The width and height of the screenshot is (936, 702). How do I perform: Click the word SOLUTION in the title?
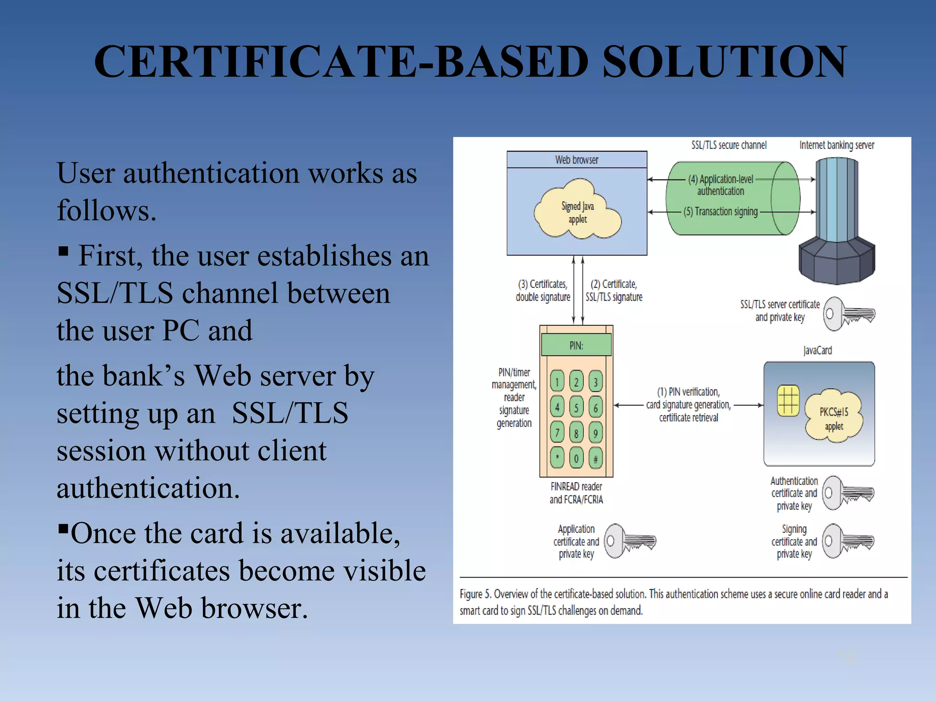(x=724, y=61)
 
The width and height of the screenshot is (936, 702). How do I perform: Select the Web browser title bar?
(x=577, y=160)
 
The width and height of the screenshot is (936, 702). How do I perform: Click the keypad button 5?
(x=576, y=407)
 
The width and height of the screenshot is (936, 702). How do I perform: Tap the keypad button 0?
(x=576, y=458)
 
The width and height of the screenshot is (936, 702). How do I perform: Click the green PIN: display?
(x=576, y=345)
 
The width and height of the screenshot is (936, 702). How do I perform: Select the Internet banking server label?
(x=836, y=145)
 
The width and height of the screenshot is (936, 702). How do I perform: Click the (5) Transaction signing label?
(x=721, y=212)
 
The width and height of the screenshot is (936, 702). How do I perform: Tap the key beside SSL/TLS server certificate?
(x=849, y=314)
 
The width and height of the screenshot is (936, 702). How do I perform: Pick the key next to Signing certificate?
(x=848, y=541)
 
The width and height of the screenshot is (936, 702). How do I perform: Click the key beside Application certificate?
(x=629, y=541)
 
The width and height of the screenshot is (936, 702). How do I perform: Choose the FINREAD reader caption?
(x=576, y=493)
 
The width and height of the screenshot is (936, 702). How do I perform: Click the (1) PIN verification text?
(x=688, y=392)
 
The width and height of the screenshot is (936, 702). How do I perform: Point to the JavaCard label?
(x=818, y=351)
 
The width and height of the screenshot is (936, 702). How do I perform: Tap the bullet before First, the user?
(x=64, y=251)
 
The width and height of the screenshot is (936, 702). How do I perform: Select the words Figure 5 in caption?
(x=475, y=594)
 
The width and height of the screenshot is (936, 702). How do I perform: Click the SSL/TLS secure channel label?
(x=729, y=145)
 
